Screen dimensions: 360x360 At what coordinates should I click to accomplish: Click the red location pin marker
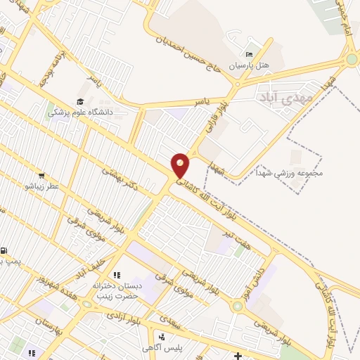pyautogui.click(x=180, y=165)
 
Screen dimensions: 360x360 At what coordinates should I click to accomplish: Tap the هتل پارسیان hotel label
pyautogui.click(x=252, y=65)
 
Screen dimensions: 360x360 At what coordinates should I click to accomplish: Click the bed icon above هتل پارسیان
pyautogui.click(x=248, y=55)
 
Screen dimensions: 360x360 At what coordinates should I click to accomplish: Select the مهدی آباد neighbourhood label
pyautogui.click(x=278, y=96)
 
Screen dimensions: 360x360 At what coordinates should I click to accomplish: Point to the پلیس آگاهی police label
pyautogui.click(x=162, y=348)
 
